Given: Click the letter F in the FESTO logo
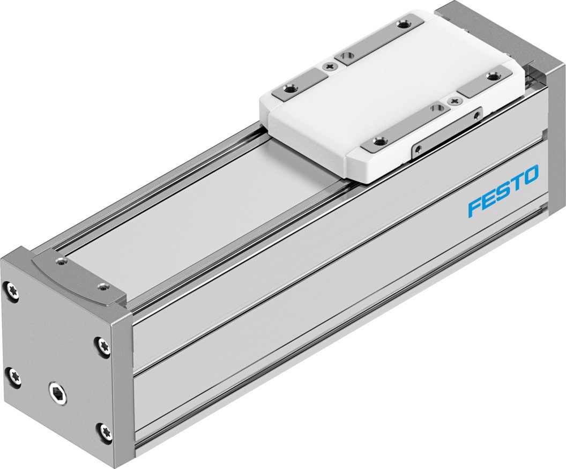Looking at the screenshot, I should (x=475, y=208).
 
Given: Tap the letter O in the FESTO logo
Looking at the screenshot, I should (x=530, y=176).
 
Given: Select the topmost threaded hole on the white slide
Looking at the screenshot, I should (x=404, y=24).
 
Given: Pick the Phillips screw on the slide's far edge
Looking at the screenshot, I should (x=329, y=66).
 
